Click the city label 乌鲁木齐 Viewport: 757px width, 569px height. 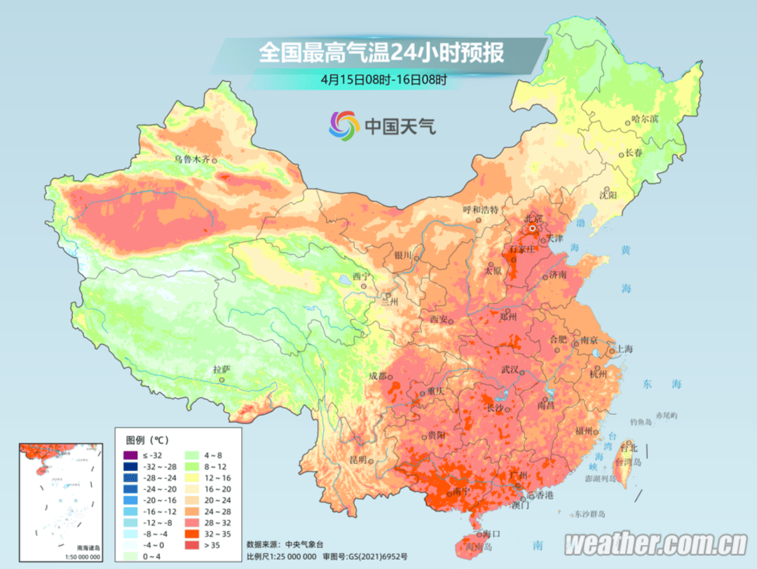pyautogui.click(x=192, y=159)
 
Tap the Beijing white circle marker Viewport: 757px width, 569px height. pyautogui.click(x=533, y=228)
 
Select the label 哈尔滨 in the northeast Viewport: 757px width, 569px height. pyautogui.click(x=644, y=119)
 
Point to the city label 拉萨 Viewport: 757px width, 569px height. pyautogui.click(x=221, y=369)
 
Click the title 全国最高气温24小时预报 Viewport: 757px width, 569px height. pyautogui.click(x=381, y=53)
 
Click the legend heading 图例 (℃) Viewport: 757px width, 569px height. pyautogui.click(x=146, y=440)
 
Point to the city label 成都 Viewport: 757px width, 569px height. pyautogui.click(x=377, y=376)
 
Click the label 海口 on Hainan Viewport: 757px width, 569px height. pyautogui.click(x=491, y=533)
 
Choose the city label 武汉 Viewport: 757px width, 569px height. pyautogui.click(x=510, y=369)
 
